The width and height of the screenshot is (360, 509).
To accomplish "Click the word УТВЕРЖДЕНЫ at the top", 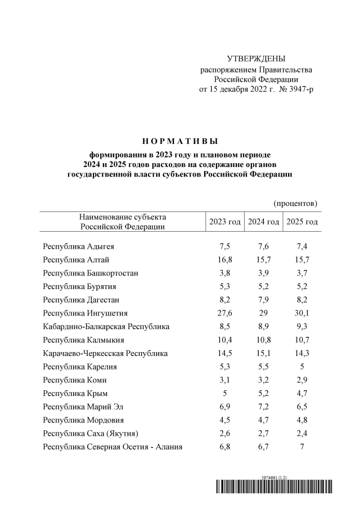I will tap(256, 59).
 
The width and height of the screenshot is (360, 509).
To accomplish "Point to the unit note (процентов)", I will tap(296, 202).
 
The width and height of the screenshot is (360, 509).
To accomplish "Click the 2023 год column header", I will tap(224, 222).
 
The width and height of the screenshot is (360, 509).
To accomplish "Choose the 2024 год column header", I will tap(263, 222).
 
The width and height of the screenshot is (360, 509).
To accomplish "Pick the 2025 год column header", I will tap(302, 222).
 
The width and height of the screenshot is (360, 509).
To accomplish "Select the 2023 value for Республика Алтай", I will tap(224, 260).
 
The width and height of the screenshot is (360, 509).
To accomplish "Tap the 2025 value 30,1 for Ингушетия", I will tap(302, 313).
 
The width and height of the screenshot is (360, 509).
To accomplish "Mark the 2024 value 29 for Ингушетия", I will tap(263, 313).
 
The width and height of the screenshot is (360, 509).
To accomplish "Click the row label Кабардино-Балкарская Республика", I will tap(106, 327).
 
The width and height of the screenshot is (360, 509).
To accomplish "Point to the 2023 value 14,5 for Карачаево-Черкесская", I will tap(224, 354).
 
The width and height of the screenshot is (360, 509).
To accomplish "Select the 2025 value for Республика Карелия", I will tap(302, 367).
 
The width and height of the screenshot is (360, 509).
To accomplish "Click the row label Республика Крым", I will tap(75, 394).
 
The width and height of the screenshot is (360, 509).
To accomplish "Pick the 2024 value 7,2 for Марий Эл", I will tap(263, 407).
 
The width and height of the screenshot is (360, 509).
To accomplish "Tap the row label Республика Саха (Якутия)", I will tap(91, 434).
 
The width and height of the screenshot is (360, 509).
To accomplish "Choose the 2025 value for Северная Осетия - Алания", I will tap(302, 448).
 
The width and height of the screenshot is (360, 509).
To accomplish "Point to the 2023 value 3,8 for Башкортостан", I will tap(224, 273).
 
